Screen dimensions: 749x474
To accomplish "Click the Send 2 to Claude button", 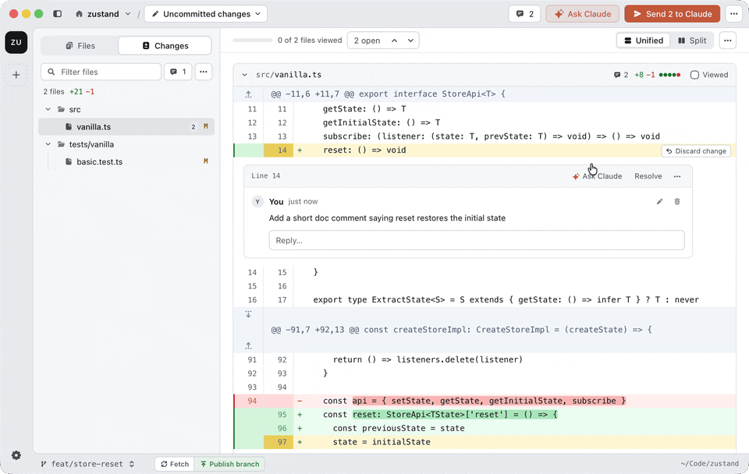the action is pos(672,14).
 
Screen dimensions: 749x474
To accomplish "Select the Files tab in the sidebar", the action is pos(80,46).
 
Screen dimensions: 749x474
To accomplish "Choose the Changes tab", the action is pos(165,46).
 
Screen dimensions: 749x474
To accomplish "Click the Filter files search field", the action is pos(101,72).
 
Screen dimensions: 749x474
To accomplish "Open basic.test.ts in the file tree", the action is pos(99,162).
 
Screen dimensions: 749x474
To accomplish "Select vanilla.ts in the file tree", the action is pos(94,127).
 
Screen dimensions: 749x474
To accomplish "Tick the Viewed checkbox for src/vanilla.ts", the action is pos(694,75).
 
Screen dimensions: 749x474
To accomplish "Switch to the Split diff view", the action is pos(692,41).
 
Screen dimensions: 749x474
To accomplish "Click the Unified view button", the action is pos(644,41).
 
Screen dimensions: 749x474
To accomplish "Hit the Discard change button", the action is pos(696,151).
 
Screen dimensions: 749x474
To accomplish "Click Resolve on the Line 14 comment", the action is pos(648,176).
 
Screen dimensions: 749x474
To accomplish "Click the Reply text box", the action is pos(477,240).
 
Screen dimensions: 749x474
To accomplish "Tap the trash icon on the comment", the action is pos(677,201).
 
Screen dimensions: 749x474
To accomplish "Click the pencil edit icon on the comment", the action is pos(660,201).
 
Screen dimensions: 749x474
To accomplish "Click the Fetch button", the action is pos(175,464).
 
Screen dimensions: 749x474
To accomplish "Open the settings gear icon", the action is pos(16,455).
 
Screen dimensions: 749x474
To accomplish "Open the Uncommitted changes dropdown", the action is pos(206,14).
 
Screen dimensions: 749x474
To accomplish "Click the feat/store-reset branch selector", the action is pos(87,464).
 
